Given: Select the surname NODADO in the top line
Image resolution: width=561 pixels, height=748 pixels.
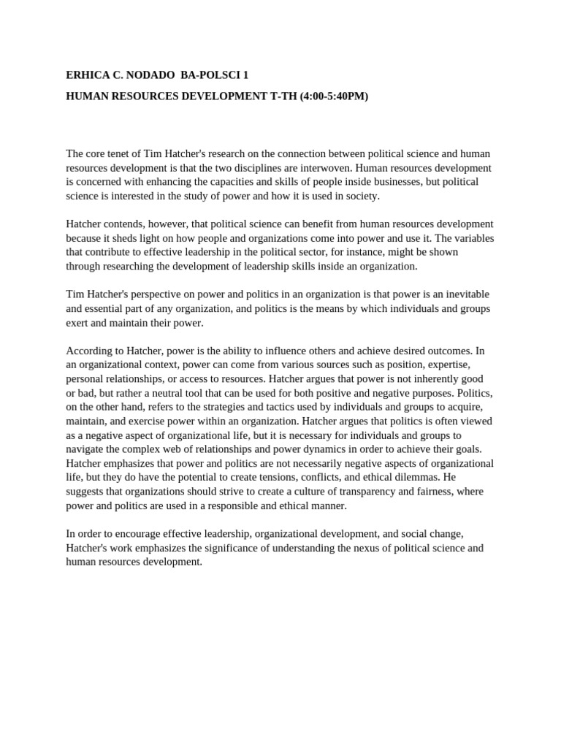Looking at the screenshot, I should point(148,75).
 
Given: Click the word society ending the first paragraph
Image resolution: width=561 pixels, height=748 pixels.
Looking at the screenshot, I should point(362,196).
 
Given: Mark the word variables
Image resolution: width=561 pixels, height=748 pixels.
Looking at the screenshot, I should point(469,238).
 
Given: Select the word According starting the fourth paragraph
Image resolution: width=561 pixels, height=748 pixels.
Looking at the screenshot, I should point(88,351).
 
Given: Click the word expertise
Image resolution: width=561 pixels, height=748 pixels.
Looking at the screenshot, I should point(447,365).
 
